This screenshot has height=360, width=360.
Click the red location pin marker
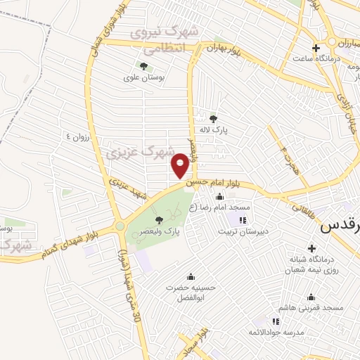(x=180, y=166)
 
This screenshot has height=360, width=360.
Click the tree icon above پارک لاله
(x=214, y=119)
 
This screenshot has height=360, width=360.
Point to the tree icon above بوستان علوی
(x=143, y=67)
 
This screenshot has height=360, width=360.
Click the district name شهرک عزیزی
(x=129, y=152)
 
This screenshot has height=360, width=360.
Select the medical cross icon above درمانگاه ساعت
(x=316, y=47)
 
